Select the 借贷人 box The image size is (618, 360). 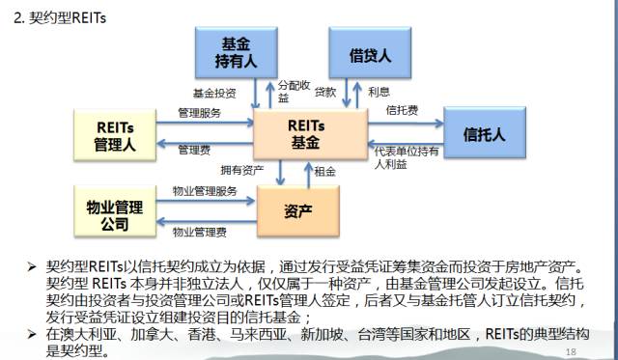click(x=370, y=54)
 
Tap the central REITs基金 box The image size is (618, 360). click(x=305, y=135)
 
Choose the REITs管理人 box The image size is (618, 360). click(x=115, y=136)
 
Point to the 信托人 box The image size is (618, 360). click(x=483, y=133)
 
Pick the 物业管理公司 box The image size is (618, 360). click(x=114, y=216)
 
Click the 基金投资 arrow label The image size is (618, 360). click(x=214, y=94)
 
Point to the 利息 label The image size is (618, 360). click(x=379, y=93)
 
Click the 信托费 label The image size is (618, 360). click(x=403, y=111)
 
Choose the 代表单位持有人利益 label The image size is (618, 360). click(x=406, y=156)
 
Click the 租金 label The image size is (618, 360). click(x=324, y=172)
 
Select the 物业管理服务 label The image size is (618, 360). click(x=204, y=191)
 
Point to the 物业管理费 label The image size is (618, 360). click(x=199, y=232)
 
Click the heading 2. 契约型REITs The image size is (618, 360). click(x=58, y=18)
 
